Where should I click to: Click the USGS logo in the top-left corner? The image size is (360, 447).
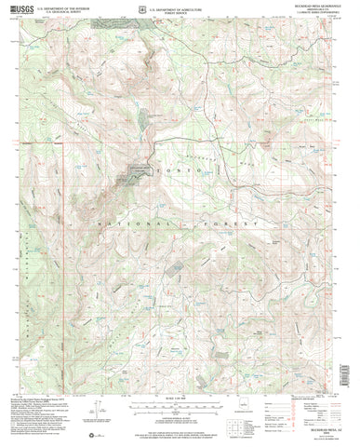tap(22, 11)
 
